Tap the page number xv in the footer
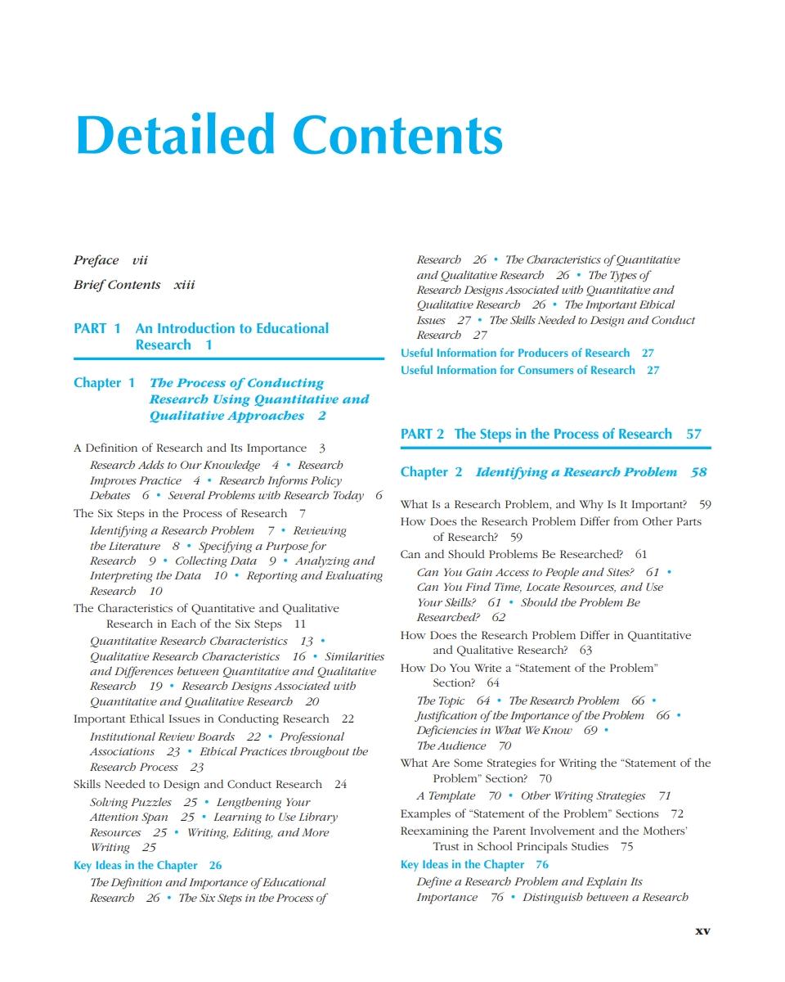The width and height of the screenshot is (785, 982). click(x=702, y=930)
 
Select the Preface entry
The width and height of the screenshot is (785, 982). click(x=96, y=260)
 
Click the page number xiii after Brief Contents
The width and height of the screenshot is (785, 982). click(x=184, y=285)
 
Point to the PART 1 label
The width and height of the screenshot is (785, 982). click(x=97, y=328)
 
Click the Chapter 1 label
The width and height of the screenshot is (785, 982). click(x=104, y=383)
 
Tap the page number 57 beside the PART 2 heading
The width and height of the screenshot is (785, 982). click(x=693, y=435)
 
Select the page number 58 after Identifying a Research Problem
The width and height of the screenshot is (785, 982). click(x=698, y=472)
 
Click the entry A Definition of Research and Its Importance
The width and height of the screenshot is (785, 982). click(x=191, y=448)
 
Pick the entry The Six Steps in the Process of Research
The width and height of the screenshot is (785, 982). click(x=180, y=514)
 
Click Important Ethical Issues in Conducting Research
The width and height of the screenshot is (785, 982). click(x=201, y=718)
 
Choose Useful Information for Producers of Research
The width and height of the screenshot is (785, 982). click(x=515, y=354)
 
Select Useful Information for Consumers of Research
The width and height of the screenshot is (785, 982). click(x=518, y=371)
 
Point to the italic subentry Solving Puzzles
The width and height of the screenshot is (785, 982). click(x=131, y=802)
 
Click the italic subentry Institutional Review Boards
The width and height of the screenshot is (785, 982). click(x=162, y=736)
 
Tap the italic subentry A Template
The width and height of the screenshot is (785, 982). click(x=446, y=796)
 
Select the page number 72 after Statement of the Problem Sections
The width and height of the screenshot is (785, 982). click(x=677, y=814)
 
